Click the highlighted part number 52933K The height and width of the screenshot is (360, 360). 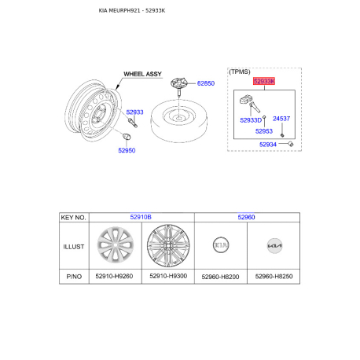click(x=264, y=81)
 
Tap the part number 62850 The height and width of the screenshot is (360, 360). click(x=206, y=83)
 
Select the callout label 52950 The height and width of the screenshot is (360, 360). click(x=127, y=150)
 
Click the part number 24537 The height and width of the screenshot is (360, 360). click(x=281, y=119)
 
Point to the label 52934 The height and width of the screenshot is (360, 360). click(x=268, y=145)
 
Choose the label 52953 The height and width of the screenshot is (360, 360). click(x=264, y=131)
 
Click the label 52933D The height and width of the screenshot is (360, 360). click(x=251, y=120)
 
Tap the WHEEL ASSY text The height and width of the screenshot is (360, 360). click(x=142, y=74)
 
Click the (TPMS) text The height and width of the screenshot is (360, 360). click(x=240, y=72)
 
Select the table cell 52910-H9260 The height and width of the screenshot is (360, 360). click(x=114, y=276)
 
